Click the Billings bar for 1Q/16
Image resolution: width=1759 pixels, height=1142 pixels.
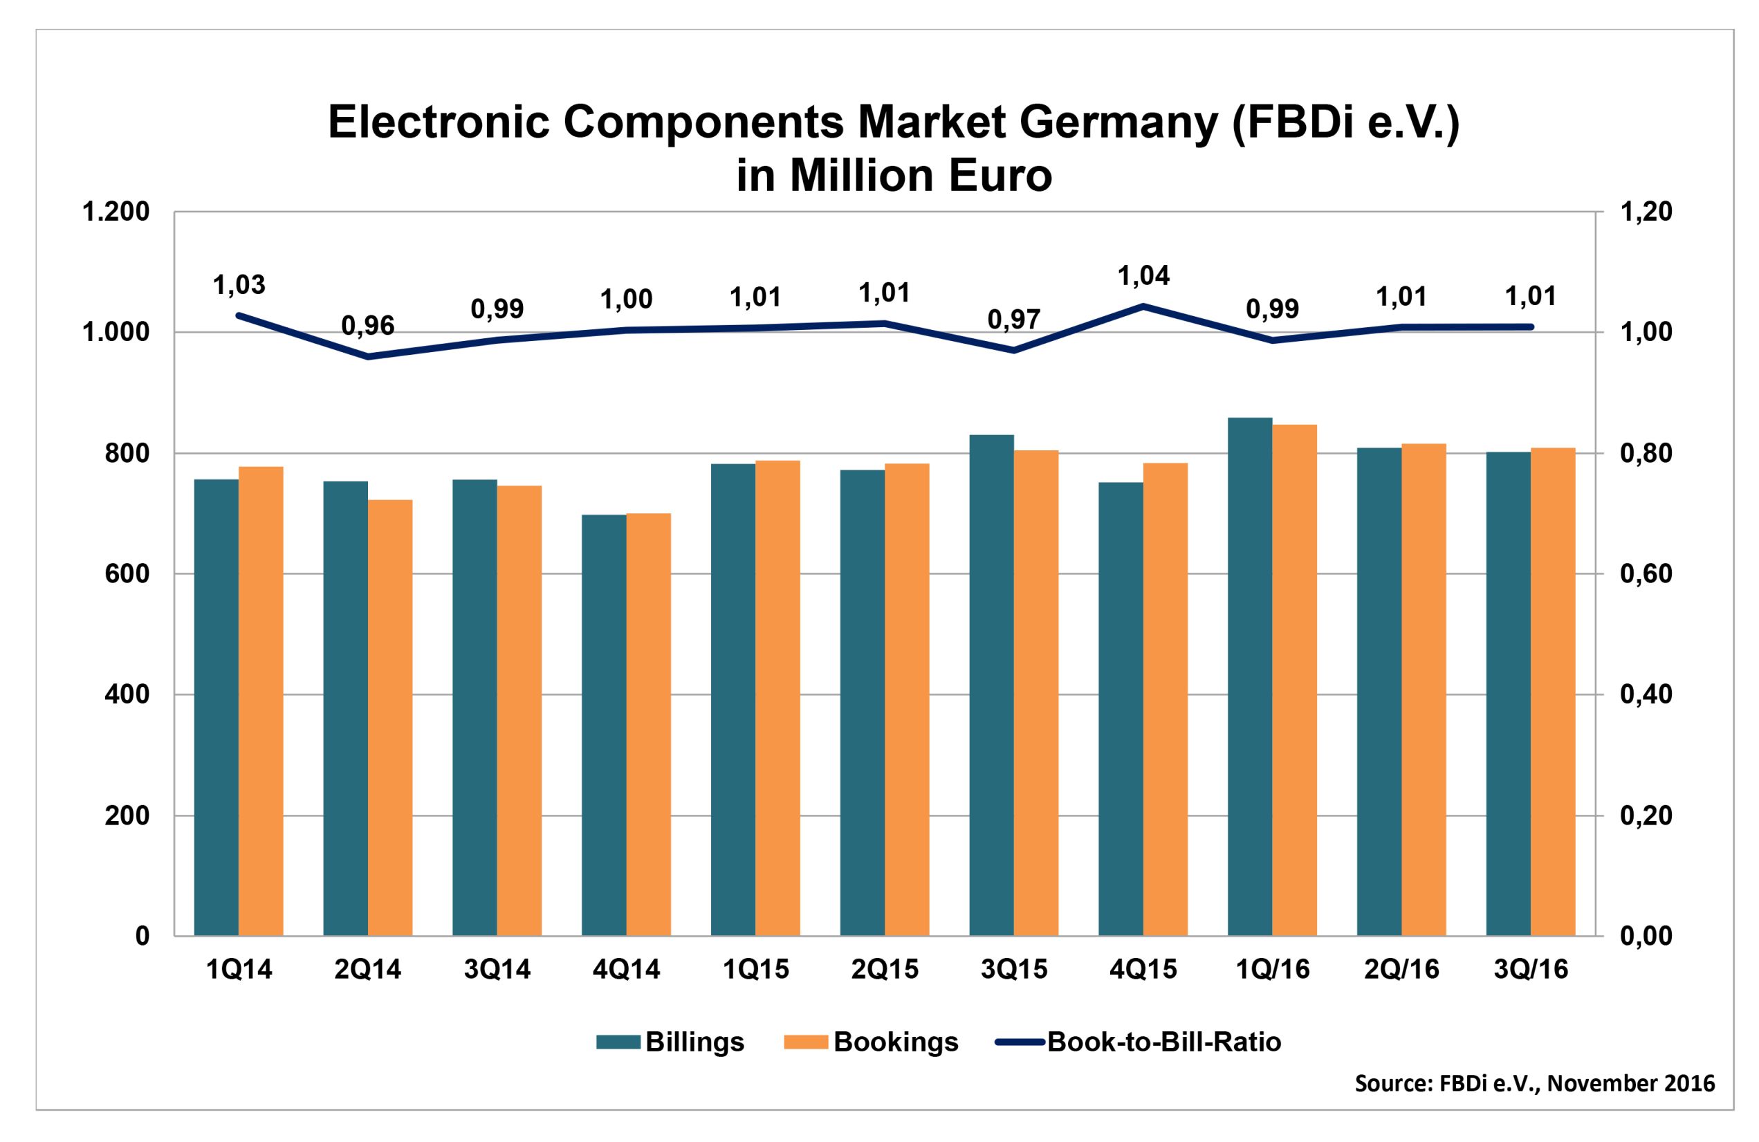1250,676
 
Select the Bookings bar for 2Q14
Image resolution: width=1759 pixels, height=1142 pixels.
390,717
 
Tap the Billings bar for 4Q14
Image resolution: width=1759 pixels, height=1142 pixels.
604,724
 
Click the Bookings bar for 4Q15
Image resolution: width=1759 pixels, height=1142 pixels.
1165,699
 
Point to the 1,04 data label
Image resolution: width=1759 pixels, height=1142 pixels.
1143,276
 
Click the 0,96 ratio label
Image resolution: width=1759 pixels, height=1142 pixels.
367,325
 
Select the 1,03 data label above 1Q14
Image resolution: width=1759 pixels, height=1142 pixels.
239,284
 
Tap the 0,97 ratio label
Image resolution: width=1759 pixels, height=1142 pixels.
1014,320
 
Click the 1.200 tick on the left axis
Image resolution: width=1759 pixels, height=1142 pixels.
116,212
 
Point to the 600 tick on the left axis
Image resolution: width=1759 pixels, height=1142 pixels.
127,573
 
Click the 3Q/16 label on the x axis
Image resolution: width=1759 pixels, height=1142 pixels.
1531,969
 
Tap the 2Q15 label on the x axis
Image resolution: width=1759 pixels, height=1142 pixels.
885,969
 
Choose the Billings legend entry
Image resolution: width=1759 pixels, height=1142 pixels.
670,1042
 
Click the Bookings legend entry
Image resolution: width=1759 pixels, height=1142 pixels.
871,1042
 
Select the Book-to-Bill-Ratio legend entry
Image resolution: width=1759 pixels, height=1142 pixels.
1138,1042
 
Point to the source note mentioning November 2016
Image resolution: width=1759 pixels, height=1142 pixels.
1534,1084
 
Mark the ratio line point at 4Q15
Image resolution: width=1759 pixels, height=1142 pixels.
1143,305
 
